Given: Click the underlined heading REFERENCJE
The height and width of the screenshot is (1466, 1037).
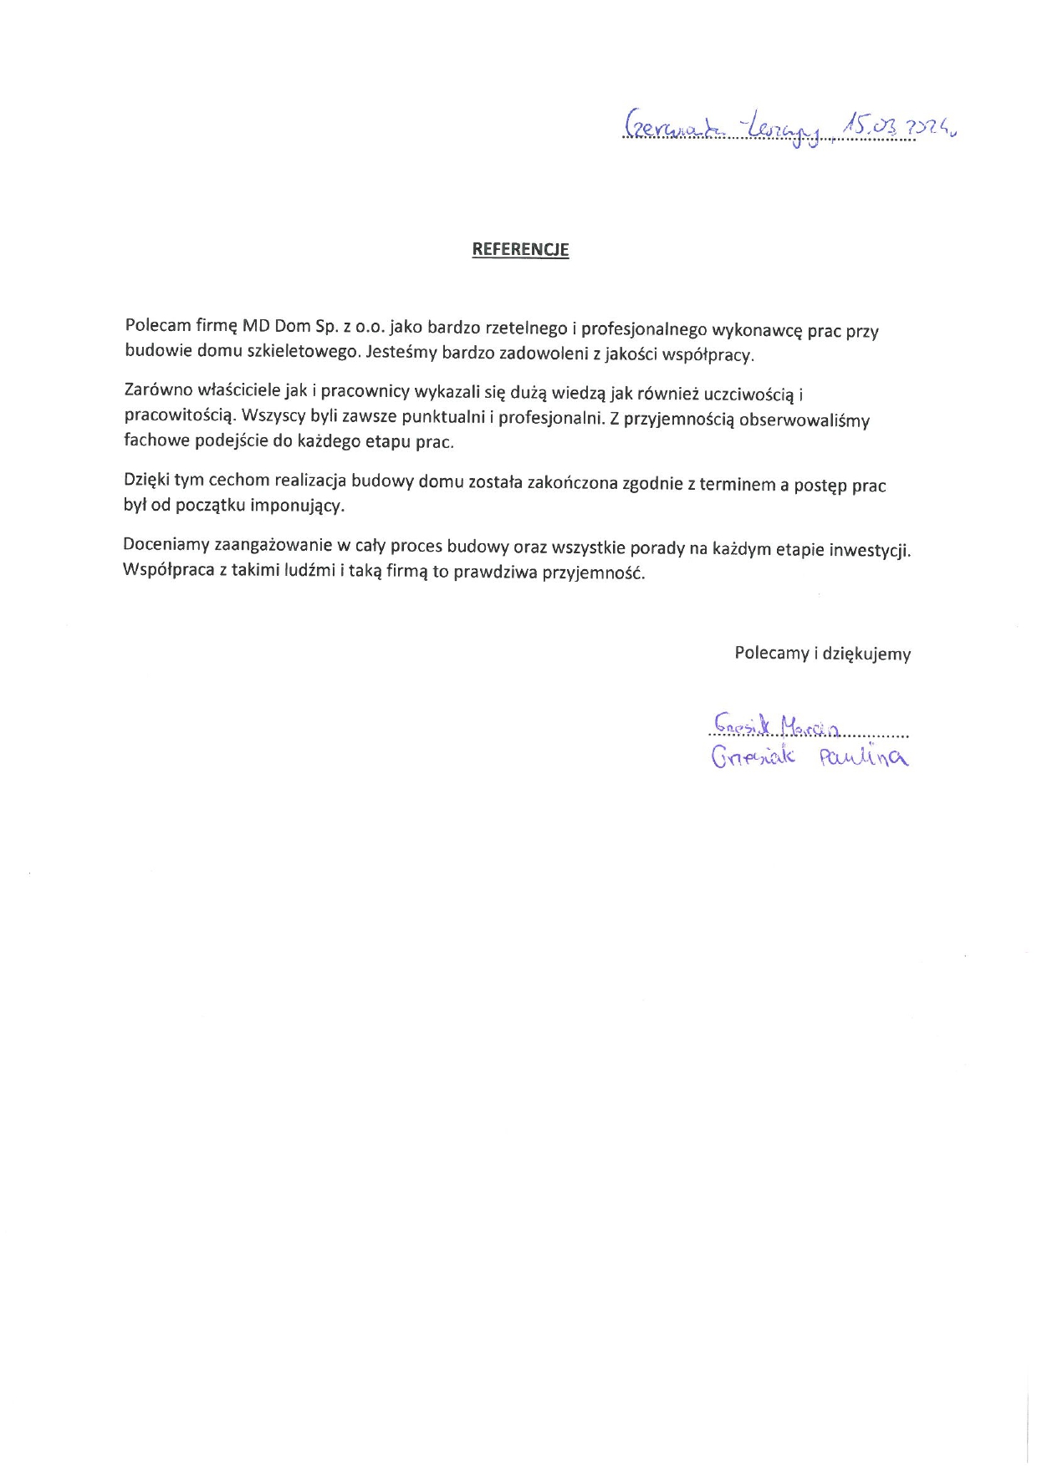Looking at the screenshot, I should click(x=520, y=249).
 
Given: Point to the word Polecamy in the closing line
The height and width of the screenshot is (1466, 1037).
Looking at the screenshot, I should click(x=772, y=653).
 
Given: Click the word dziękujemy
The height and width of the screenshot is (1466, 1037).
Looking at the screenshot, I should click(x=866, y=654).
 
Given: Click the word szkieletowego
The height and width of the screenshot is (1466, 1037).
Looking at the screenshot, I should click(x=304, y=351).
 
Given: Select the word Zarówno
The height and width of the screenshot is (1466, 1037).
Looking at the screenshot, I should click(x=158, y=389).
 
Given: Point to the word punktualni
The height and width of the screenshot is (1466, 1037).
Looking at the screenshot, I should click(x=442, y=416).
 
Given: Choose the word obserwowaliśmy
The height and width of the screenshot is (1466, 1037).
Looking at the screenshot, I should click(x=805, y=420).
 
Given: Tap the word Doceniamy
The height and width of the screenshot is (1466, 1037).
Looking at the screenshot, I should click(x=166, y=545).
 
